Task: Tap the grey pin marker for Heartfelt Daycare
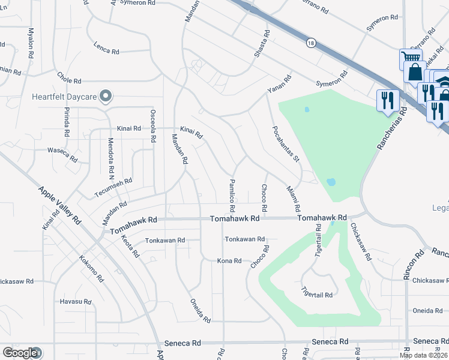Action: tap(106, 95)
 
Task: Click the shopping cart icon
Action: tap(411, 59)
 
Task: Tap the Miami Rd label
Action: tap(294, 199)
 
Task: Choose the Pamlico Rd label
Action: tap(232, 194)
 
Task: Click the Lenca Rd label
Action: tap(106, 50)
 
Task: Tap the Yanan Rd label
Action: tap(279, 87)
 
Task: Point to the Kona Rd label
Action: tap(229, 261)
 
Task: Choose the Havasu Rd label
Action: tap(75, 301)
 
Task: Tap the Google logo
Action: tap(20, 353)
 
